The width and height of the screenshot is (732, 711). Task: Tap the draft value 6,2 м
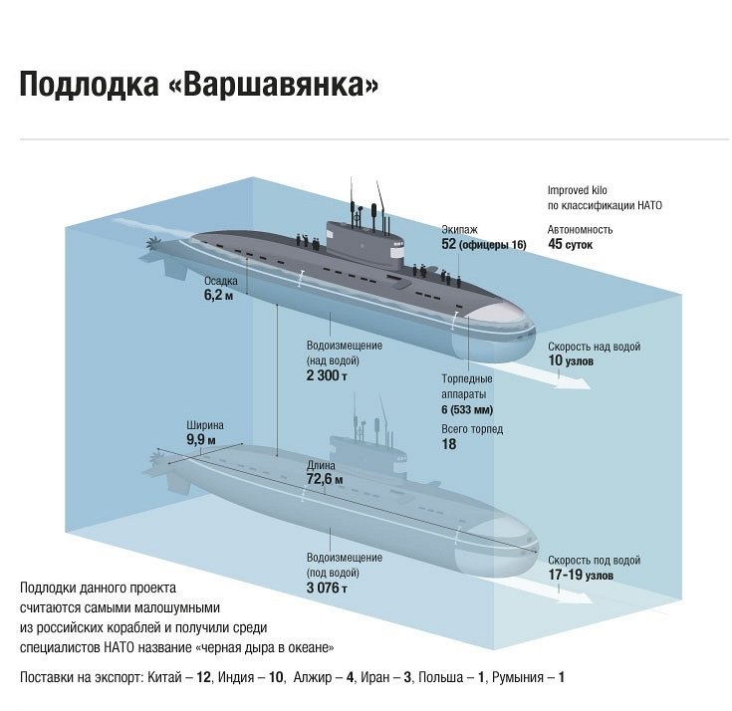[x=218, y=295]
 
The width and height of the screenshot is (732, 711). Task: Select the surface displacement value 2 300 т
[x=327, y=375]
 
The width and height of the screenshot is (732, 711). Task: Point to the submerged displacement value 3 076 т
[x=327, y=588]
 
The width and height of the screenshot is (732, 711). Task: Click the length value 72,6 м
[x=325, y=479]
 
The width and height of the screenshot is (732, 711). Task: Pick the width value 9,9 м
[x=201, y=439]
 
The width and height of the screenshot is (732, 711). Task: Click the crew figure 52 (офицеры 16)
[x=484, y=244]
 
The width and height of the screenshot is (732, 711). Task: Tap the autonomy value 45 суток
[x=570, y=244]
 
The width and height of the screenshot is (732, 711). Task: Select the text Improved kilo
[x=577, y=190]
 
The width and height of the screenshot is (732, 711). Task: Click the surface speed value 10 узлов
[x=571, y=360]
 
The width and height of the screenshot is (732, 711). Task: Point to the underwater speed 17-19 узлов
[x=581, y=575]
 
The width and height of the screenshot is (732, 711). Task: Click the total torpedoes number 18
[x=448, y=444]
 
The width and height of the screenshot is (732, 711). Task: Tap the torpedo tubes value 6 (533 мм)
[x=467, y=409]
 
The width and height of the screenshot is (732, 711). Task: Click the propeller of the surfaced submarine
[x=151, y=244]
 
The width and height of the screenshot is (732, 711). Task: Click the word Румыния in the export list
[x=518, y=677]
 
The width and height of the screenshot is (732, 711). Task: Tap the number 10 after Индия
[x=276, y=677]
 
